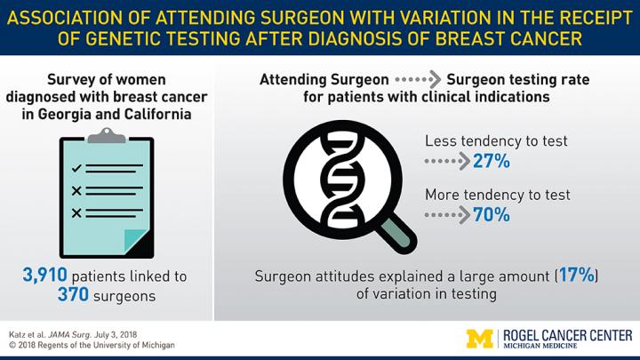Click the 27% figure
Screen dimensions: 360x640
(x=492, y=162)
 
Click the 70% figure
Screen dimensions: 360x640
(x=492, y=213)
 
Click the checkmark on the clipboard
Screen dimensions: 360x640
(x=77, y=167)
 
